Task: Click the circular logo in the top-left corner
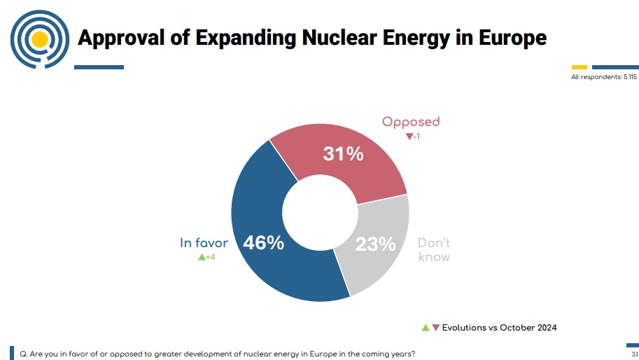40,39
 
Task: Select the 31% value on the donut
343,154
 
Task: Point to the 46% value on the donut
263,243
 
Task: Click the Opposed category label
411,122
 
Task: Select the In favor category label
204,243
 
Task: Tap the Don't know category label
434,250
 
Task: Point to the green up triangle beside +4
202,258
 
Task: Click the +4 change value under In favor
210,258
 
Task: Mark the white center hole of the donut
320,213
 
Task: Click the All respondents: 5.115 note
603,77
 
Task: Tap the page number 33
634,354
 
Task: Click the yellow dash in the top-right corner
580,67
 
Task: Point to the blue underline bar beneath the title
99,67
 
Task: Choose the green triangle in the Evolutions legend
425,327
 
